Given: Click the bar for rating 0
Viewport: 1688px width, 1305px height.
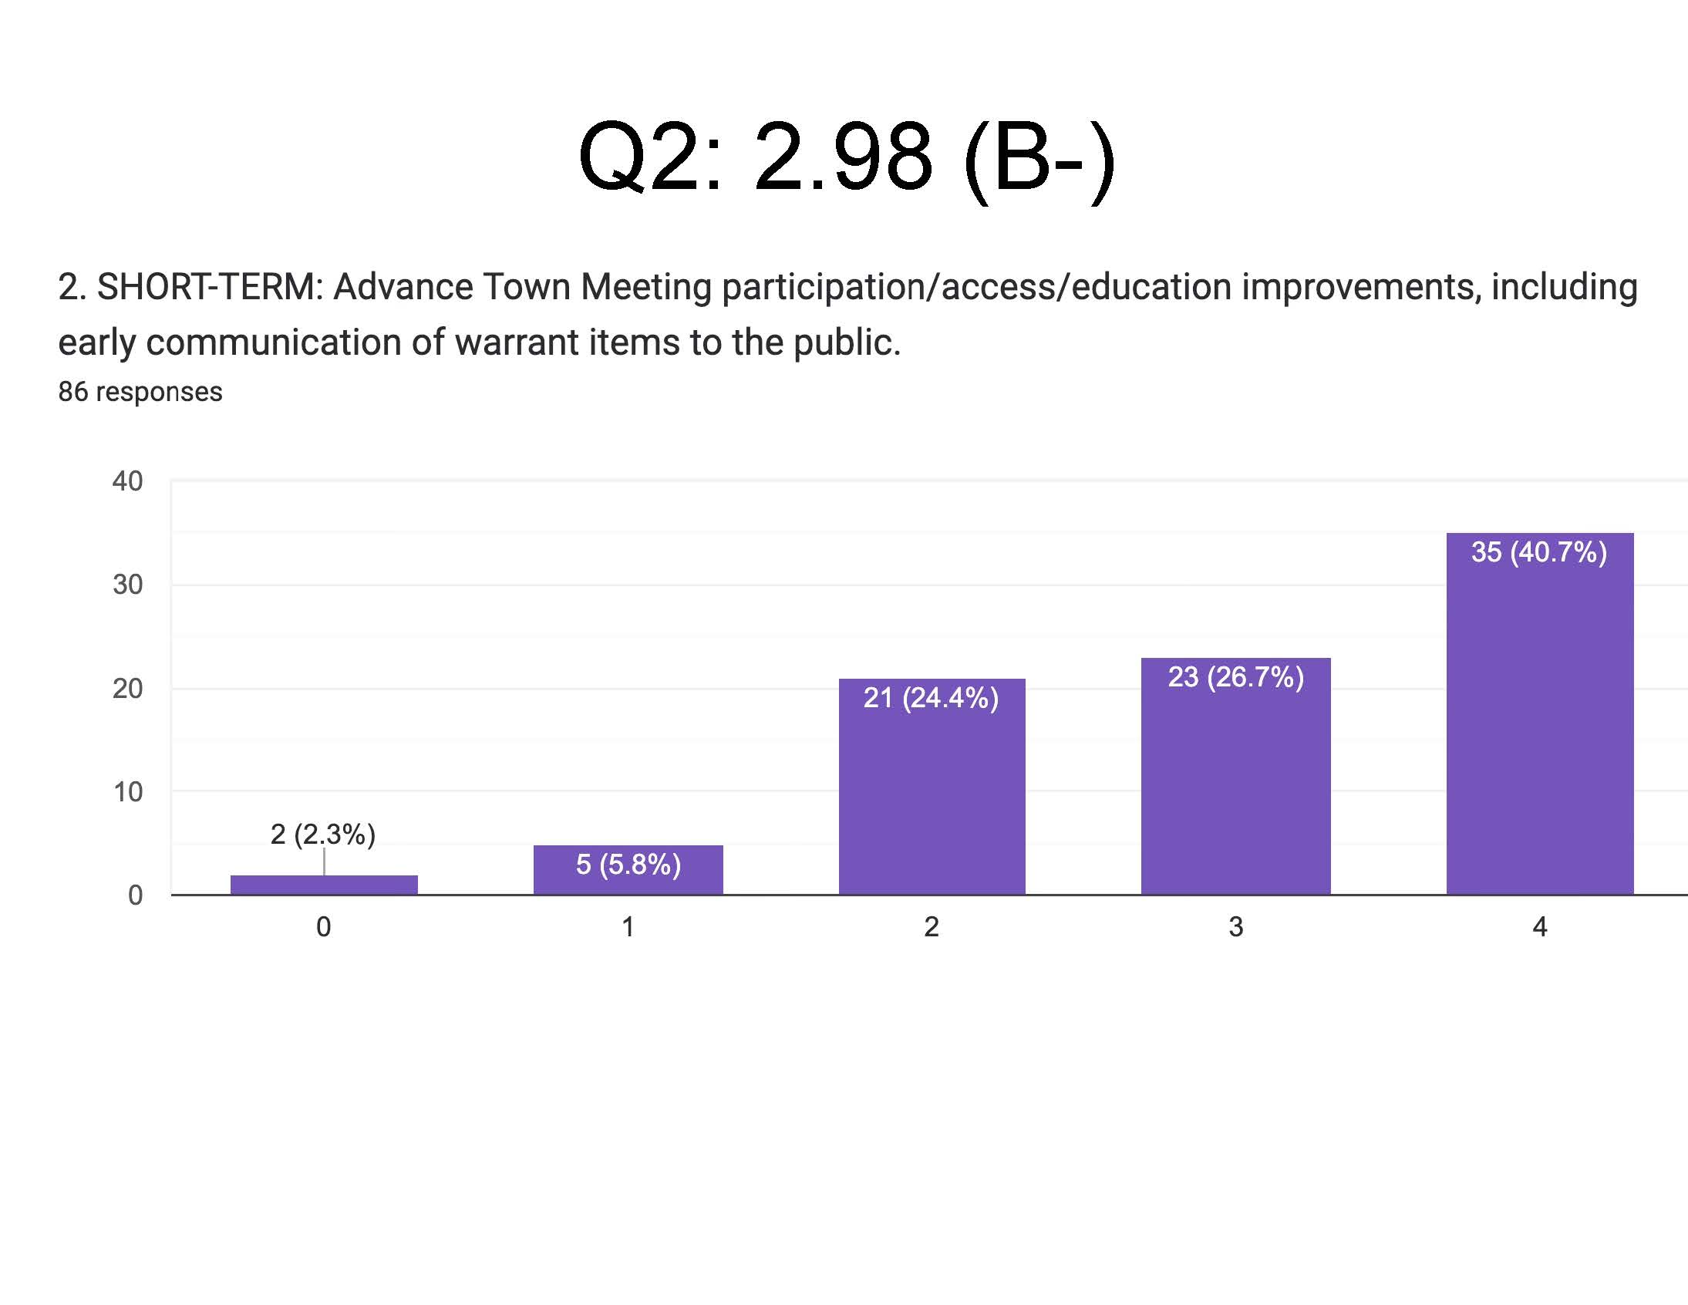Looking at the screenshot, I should coord(324,885).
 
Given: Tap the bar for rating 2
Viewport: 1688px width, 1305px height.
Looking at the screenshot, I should coord(932,796).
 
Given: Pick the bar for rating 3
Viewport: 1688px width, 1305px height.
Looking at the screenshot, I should coord(1235,788).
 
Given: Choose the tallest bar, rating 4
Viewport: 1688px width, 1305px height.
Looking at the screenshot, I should coord(1540,727).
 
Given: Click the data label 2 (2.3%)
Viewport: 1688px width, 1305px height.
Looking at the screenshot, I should coord(323,835).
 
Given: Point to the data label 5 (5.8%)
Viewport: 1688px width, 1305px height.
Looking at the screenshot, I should coord(628,864).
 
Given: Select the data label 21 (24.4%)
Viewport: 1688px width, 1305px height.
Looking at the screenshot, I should coord(931,697).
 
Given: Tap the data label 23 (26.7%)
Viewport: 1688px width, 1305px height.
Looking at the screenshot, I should coord(1235,676).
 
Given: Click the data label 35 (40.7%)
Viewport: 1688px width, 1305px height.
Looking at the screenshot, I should coord(1539,552).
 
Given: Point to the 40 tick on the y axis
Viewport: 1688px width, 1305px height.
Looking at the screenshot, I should coord(127,481).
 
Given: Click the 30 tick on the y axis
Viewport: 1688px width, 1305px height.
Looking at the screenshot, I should coord(127,585).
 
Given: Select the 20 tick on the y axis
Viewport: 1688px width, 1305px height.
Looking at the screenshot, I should coord(127,688).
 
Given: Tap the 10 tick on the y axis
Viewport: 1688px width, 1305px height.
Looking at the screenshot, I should coord(127,791).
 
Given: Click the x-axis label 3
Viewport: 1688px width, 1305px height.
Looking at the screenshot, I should coord(1236,926).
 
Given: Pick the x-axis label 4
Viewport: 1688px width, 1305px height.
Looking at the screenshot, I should coord(1540,926).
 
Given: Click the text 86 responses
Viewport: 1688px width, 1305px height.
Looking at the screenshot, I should coord(140,392).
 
